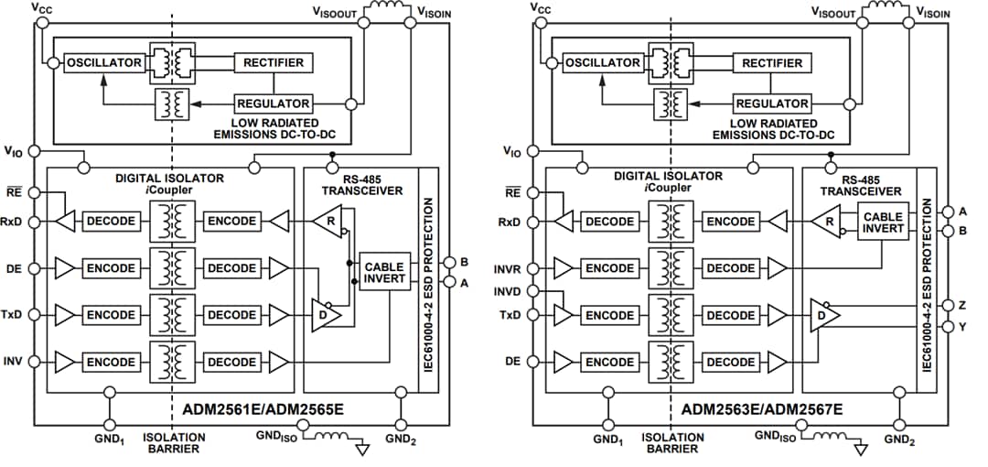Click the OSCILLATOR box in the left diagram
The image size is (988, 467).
point(104,62)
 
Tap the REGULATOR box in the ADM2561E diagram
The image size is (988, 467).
point(274,103)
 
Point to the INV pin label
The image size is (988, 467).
point(13,361)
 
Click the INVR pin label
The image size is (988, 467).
point(508,269)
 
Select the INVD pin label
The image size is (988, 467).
point(508,292)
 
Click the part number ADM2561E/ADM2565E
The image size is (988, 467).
point(248,407)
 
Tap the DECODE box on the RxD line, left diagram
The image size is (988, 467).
point(110,221)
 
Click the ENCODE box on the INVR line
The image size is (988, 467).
point(609,268)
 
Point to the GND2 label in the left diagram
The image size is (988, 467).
point(400,439)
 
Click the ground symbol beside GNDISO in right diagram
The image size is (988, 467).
point(861,449)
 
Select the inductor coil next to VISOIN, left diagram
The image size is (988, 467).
point(388,9)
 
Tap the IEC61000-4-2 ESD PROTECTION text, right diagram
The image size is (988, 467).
point(927,284)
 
